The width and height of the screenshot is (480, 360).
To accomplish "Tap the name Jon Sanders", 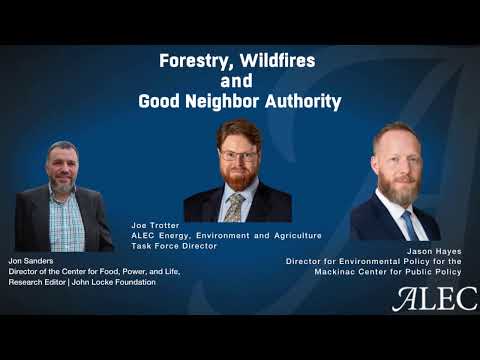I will click(29, 260).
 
